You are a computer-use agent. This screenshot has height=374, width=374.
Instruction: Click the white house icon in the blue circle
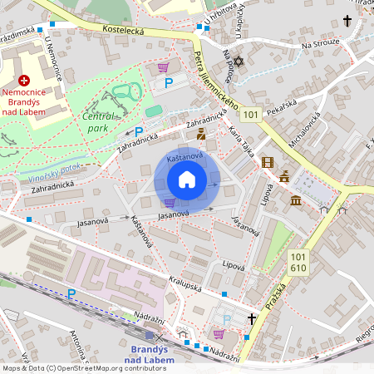click(186, 180)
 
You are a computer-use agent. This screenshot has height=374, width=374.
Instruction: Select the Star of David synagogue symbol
click(238, 62)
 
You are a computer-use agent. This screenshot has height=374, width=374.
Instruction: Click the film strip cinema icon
click(267, 163)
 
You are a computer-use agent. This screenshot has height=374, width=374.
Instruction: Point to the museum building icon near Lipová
click(296, 199)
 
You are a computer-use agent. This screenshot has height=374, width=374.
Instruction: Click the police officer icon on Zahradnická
click(201, 133)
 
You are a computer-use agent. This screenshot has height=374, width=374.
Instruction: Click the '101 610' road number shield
click(299, 263)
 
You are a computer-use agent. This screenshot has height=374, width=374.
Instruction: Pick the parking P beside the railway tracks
click(71, 293)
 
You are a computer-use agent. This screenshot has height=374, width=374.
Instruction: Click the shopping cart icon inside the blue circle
click(170, 203)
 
